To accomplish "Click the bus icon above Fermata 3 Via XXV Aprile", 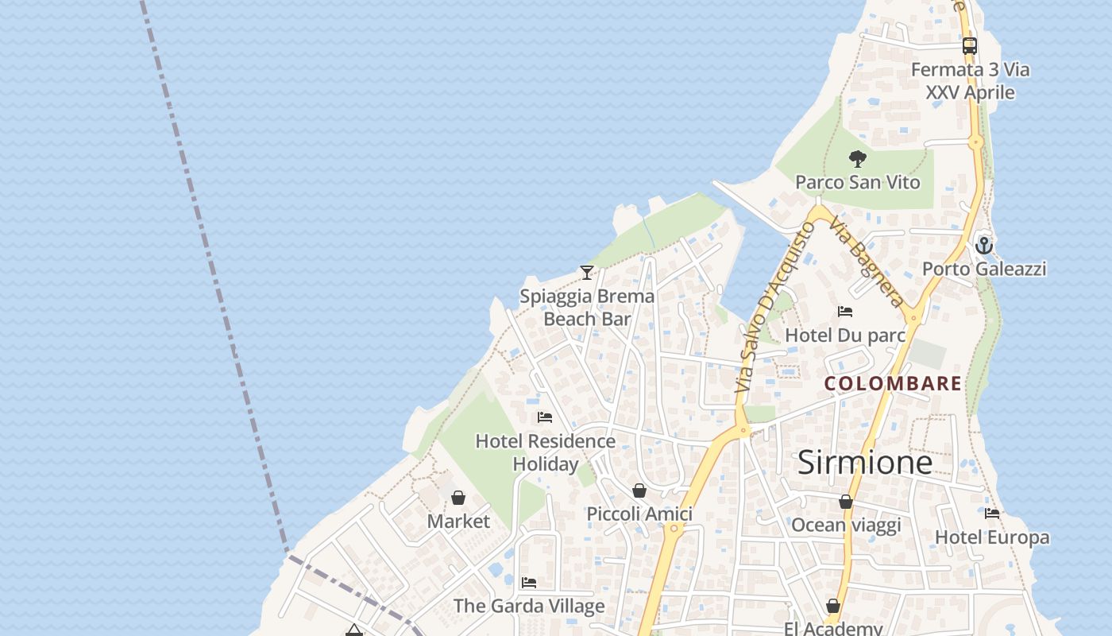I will (969, 46).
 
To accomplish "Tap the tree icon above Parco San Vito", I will (857, 158).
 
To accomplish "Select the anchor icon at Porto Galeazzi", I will (984, 245).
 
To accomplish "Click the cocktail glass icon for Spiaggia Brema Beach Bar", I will (587, 273).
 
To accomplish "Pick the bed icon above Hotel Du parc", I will (845, 312).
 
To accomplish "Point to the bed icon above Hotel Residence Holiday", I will (545, 417).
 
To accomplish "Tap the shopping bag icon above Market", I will (458, 498).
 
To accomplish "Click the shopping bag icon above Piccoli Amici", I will (639, 491).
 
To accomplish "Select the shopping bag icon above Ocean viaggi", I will (846, 502).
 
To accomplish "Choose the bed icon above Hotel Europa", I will (992, 514).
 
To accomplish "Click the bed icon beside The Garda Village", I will (529, 583).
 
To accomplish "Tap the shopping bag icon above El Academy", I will (833, 606).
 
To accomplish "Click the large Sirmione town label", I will (864, 462).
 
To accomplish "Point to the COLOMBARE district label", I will (893, 383).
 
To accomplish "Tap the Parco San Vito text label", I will (858, 182).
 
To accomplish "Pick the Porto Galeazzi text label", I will (984, 269).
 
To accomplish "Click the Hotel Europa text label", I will (992, 537).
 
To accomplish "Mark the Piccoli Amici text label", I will (639, 514).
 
